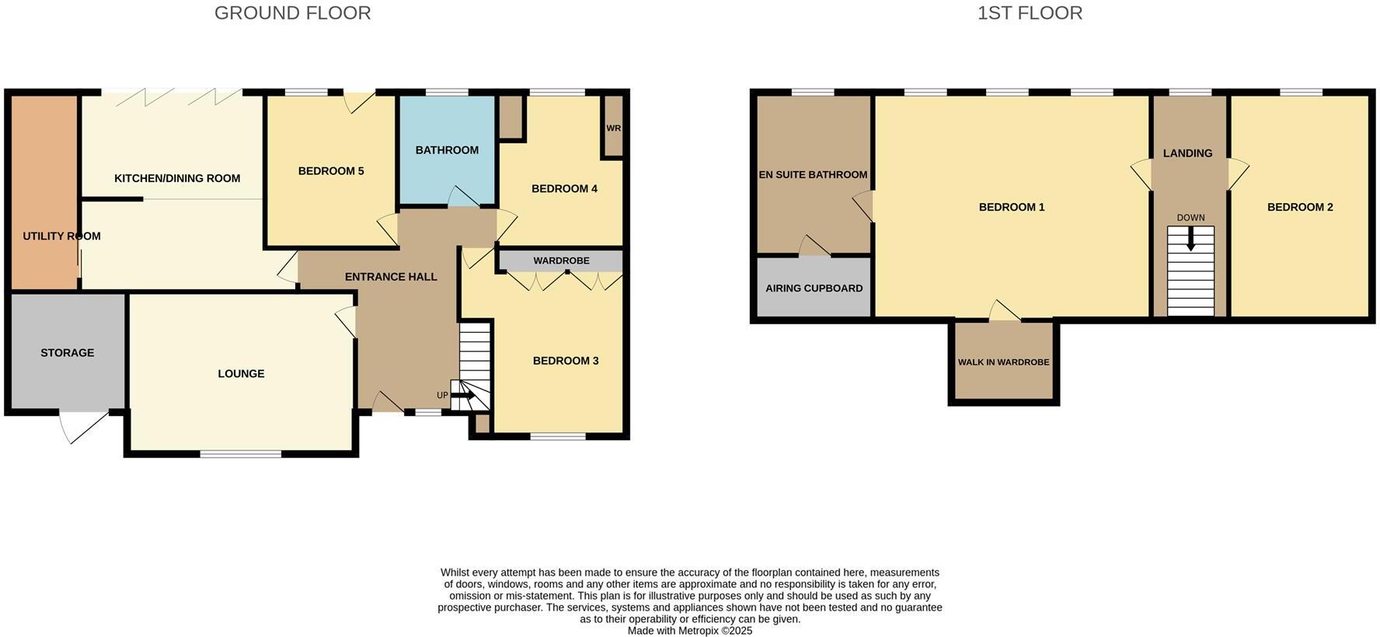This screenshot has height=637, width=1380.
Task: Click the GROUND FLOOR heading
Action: [292, 13]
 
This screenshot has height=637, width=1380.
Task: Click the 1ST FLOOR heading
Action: [1030, 13]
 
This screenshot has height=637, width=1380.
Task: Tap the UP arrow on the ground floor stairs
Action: [464, 396]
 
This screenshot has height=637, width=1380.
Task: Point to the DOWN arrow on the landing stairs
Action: [1190, 238]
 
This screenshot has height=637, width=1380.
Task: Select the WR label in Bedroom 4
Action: [613, 128]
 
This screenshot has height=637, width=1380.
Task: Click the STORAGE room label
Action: [68, 353]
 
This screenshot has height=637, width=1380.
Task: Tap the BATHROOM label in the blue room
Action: [447, 150]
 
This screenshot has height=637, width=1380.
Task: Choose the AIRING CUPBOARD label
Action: [814, 289]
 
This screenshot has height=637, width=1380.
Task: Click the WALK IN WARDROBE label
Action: [1003, 362]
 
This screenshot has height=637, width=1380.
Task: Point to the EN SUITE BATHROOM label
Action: [813, 175]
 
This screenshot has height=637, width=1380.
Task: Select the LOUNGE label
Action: [241, 374]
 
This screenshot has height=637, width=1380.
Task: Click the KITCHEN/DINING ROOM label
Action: [177, 179]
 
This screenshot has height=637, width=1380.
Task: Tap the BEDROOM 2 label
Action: [1300, 208]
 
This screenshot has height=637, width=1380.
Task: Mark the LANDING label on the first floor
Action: [1187, 154]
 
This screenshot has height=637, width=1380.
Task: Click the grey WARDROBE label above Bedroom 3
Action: [561, 261]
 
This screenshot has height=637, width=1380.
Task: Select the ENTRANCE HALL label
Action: [391, 277]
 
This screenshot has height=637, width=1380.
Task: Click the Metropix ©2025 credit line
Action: [689, 631]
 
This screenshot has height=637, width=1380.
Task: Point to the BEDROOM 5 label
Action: [331, 171]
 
